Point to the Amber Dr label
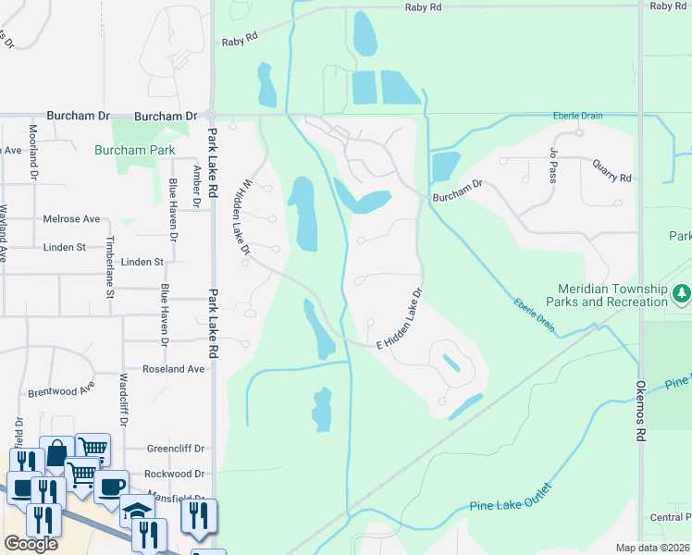click(196, 186)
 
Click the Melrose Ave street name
click(71, 219)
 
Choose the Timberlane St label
click(109, 267)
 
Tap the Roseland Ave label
click(173, 368)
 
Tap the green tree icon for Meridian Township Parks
click(682, 293)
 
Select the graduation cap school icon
click(136, 510)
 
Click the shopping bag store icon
click(56, 452)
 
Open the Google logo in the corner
click(31, 544)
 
